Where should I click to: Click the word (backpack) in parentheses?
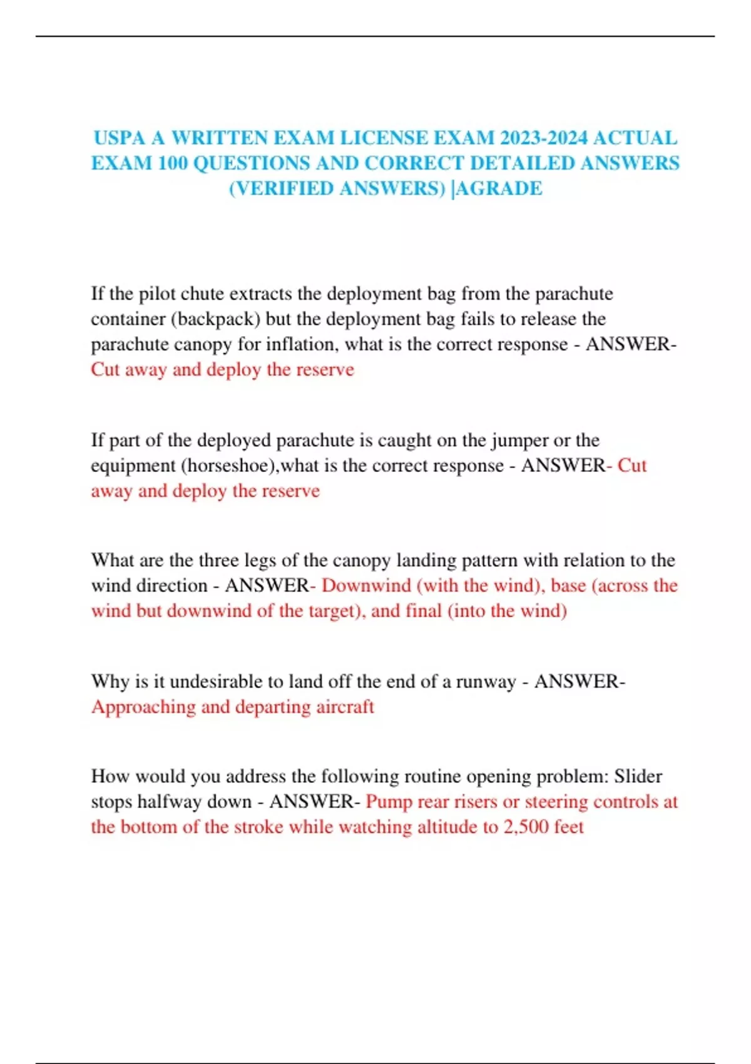click(x=215, y=319)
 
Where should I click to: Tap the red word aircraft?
click(x=345, y=707)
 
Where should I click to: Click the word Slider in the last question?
click(x=638, y=777)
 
